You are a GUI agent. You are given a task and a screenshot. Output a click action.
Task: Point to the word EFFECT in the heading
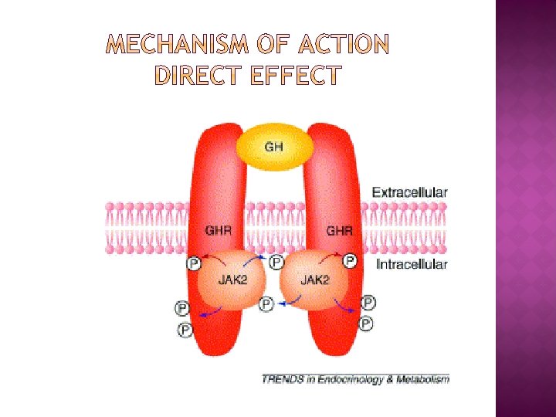click(297, 76)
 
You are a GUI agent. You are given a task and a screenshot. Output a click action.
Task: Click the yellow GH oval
click(274, 147)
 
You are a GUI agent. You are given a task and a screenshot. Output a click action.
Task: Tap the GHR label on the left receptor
click(217, 230)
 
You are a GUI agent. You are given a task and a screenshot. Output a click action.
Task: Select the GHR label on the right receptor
click(340, 230)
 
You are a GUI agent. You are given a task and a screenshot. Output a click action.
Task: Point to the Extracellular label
click(409, 192)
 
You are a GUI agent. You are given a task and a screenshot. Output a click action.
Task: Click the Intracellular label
click(411, 264)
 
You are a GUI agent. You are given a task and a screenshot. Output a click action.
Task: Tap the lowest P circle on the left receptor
click(185, 330)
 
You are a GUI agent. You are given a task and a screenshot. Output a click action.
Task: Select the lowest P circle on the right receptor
click(366, 323)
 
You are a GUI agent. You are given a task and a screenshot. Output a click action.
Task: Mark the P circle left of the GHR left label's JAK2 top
click(194, 264)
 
